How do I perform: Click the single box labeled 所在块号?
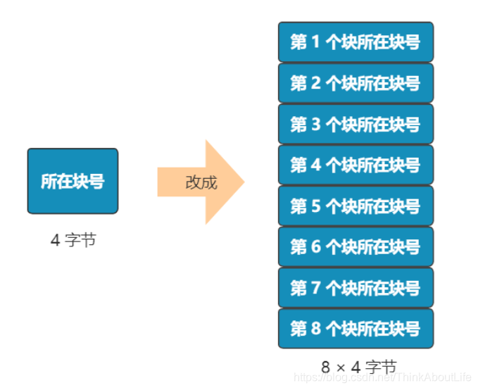73,181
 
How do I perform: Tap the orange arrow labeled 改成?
201,182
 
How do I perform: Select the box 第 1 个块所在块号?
356,42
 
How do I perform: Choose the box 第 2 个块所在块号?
356,83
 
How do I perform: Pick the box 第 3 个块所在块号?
356,124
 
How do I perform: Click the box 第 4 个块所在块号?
356,165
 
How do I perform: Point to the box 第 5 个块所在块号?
356,206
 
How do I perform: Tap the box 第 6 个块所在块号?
356,246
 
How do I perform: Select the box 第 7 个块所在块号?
356,287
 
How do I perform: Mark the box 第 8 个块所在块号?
356,328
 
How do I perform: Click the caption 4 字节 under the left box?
73,240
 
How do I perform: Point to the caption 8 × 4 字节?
359,367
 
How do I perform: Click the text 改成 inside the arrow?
201,182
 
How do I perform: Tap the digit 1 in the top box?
315,42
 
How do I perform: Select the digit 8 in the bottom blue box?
315,329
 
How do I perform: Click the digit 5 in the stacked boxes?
315,206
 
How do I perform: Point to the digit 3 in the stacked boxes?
315,125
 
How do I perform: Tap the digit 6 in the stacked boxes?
315,247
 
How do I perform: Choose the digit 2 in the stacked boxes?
315,84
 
